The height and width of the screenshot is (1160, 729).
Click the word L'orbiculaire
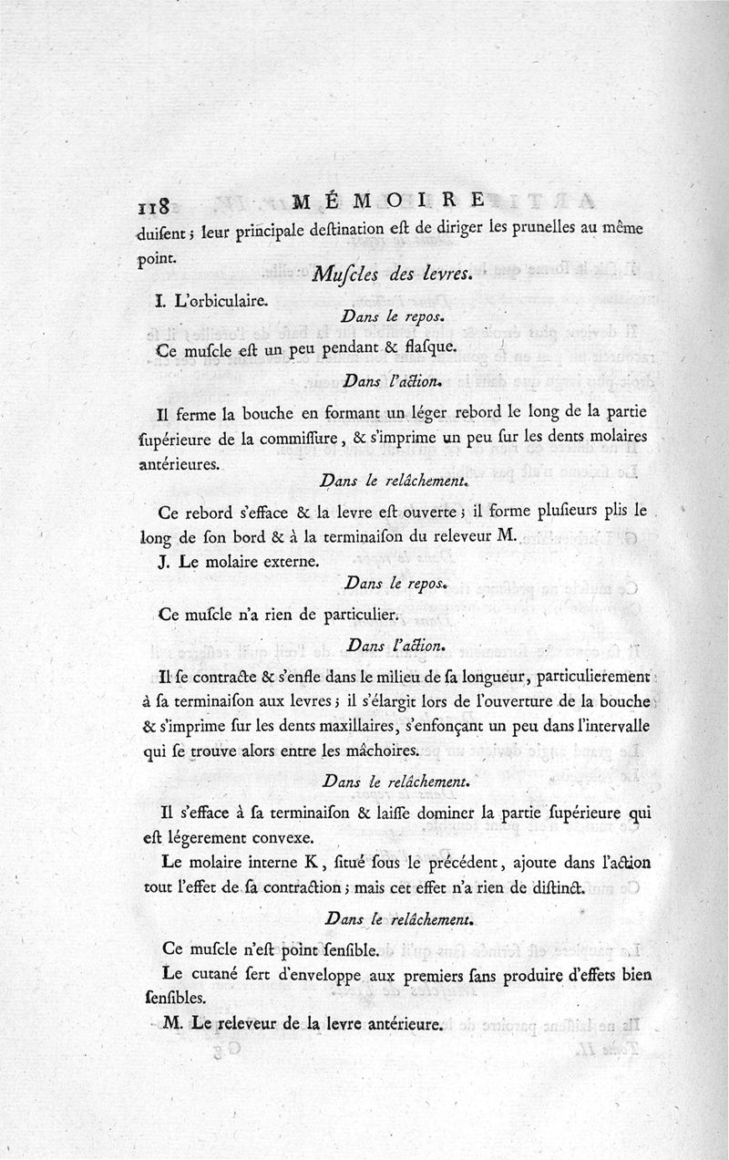click(x=222, y=298)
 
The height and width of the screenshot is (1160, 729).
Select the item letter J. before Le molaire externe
click(x=163, y=562)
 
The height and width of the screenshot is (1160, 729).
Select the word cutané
click(x=221, y=974)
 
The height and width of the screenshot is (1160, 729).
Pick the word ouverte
click(x=462, y=511)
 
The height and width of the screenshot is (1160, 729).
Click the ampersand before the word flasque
click(x=364, y=347)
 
